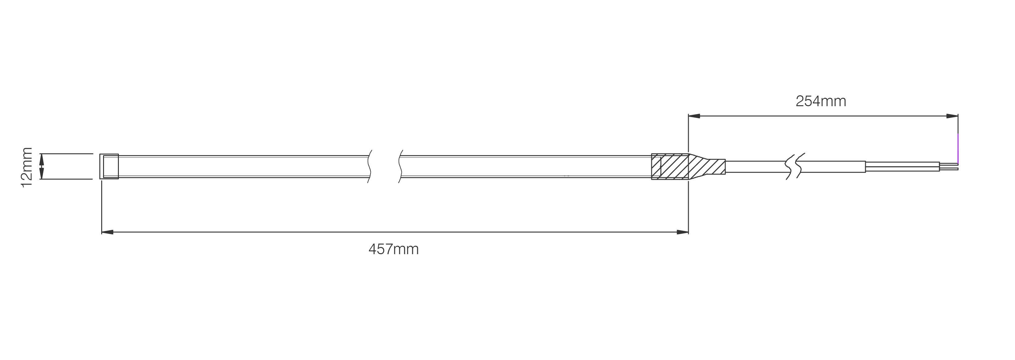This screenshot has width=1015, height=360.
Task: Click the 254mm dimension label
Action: (x=821, y=102)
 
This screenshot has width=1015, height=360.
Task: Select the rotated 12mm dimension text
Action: (x=26, y=167)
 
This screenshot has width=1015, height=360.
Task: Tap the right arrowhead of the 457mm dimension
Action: (x=682, y=232)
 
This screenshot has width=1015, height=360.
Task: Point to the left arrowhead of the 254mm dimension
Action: (x=694, y=116)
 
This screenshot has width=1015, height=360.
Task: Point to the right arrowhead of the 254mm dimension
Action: (x=952, y=116)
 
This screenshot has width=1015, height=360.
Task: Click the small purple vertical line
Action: (x=958, y=150)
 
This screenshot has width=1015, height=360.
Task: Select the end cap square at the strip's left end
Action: (x=109, y=167)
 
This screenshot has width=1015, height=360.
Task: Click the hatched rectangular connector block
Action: (x=670, y=167)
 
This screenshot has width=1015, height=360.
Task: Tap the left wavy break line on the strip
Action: (x=370, y=167)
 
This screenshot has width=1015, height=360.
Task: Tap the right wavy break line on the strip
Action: (x=400, y=167)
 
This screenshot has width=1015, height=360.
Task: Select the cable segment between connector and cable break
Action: (x=756, y=167)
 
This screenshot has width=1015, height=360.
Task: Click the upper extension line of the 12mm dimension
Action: (x=66, y=154)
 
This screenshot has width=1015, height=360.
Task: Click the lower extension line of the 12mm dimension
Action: (x=66, y=179)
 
